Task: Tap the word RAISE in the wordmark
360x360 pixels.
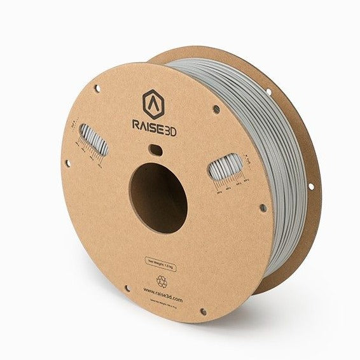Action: (x=144, y=124)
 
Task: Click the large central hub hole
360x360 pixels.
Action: (x=158, y=198)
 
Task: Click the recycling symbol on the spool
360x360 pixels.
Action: (x=162, y=280)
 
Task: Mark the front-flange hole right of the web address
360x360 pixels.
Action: (x=203, y=312)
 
